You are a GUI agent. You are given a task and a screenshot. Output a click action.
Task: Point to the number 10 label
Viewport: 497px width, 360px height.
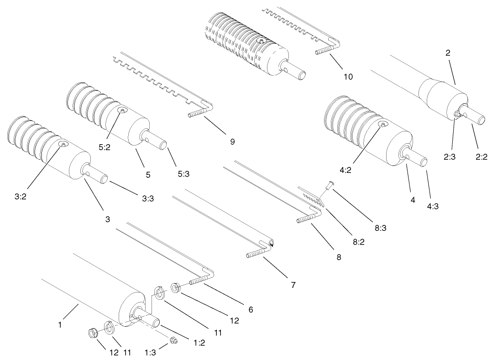[348, 77]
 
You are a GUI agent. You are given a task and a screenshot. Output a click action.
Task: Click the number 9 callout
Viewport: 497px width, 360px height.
[232, 142]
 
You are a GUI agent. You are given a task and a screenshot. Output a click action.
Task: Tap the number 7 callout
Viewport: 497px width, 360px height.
[293, 285]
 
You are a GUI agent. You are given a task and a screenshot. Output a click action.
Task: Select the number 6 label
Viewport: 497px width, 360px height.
[251, 309]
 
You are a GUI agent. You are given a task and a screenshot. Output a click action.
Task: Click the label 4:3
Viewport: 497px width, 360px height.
[433, 206]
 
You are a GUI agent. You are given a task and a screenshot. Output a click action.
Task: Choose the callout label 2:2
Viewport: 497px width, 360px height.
[482, 157]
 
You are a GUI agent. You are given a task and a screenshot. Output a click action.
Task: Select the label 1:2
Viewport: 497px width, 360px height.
[199, 343]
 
